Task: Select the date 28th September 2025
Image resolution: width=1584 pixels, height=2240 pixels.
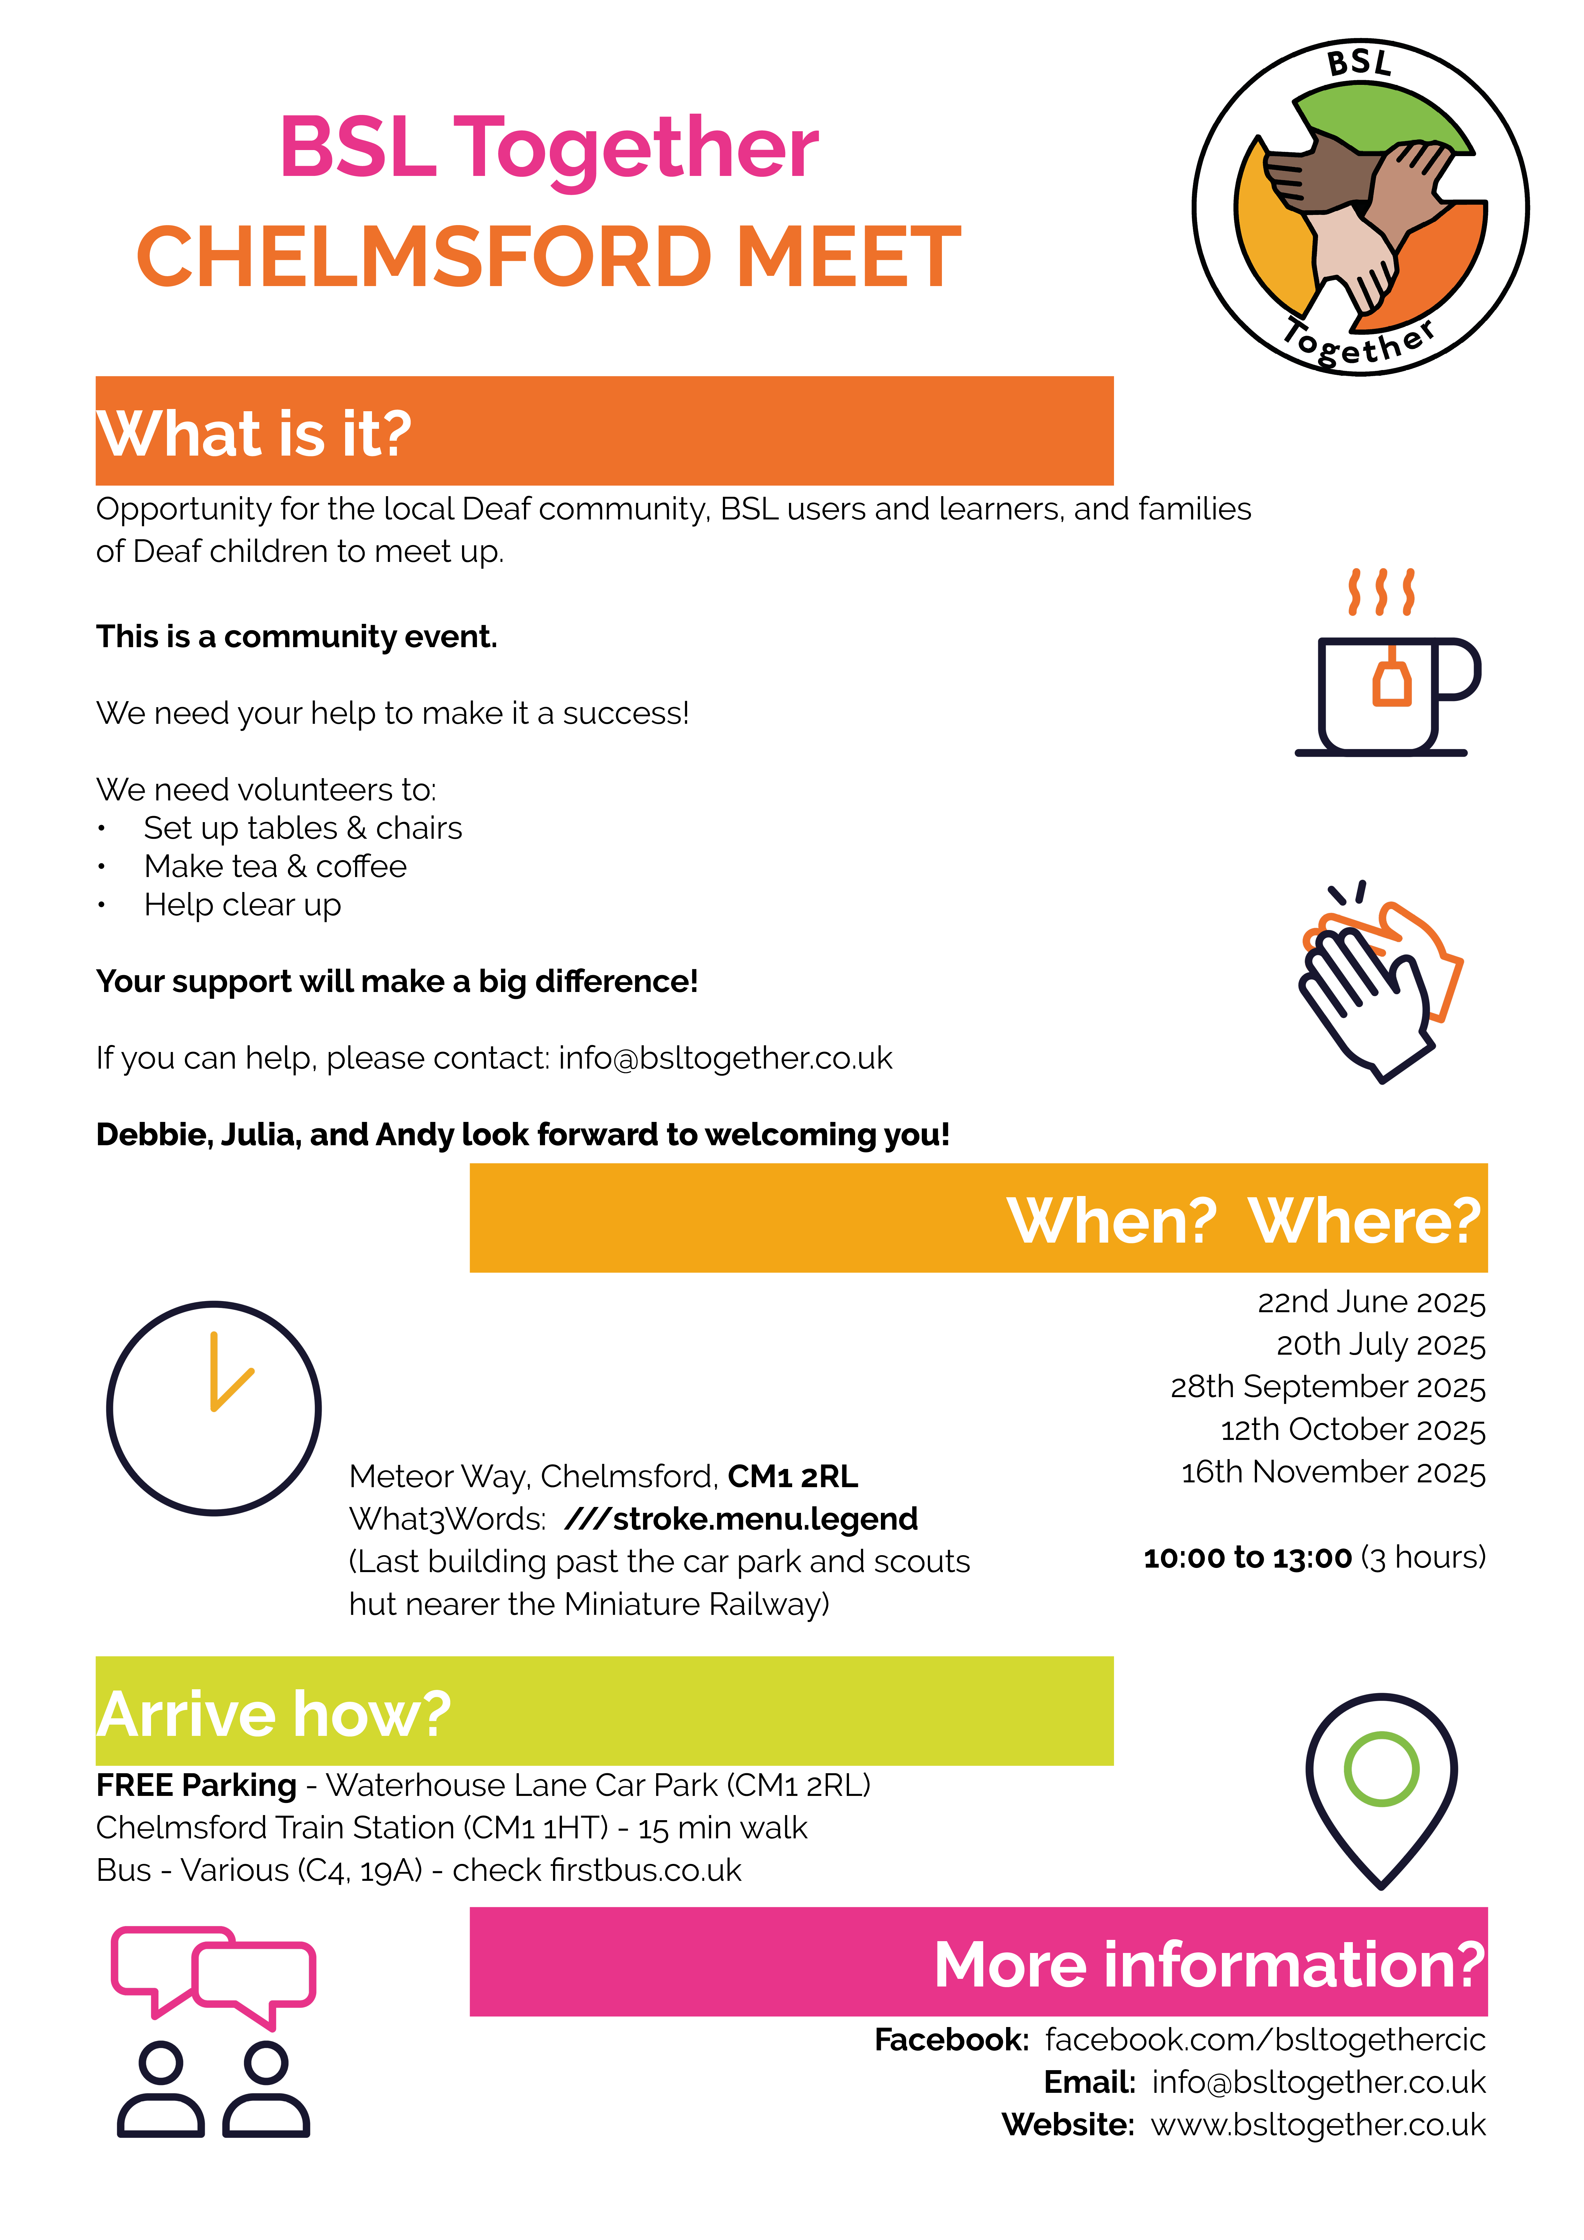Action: pos(1327,1386)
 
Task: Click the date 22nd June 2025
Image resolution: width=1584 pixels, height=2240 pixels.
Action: pos(1370,1302)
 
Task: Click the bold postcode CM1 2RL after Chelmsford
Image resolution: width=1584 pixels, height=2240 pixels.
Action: pos(792,1476)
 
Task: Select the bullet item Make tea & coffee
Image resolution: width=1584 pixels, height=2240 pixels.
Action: pos(275,866)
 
